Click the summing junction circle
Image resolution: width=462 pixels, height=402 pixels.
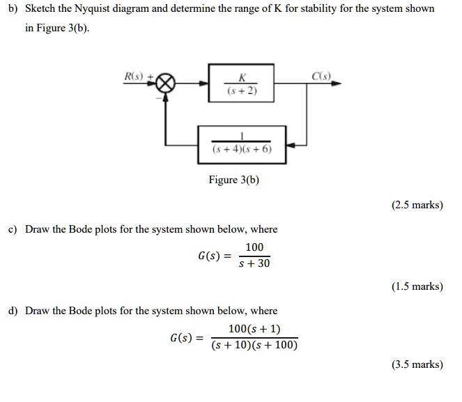click(x=165, y=83)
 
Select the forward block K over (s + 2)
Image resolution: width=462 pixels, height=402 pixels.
click(x=241, y=83)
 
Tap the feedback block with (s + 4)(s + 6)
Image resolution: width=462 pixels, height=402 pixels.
click(x=242, y=145)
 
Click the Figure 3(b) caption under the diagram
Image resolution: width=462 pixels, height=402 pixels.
click(x=234, y=180)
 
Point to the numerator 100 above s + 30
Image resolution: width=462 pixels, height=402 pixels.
click(x=254, y=247)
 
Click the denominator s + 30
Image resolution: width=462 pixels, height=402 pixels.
click(x=254, y=264)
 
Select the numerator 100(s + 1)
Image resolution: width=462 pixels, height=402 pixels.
click(x=254, y=330)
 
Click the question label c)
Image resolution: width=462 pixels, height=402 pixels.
click(x=12, y=229)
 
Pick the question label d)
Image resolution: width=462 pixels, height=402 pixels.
click(x=12, y=311)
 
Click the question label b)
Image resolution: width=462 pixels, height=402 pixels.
click(x=12, y=9)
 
